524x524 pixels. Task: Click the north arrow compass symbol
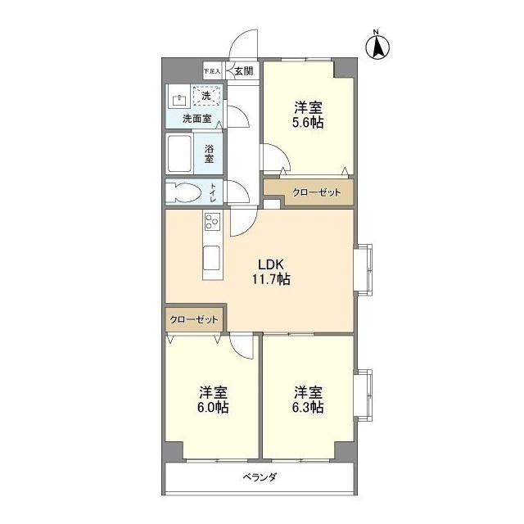tap(378, 47)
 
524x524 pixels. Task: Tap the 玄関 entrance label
tap(244, 71)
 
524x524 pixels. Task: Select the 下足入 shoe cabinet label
tap(212, 71)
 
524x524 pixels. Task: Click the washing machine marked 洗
tap(206, 96)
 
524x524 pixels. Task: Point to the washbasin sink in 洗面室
tap(179, 100)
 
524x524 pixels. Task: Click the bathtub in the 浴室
tap(179, 153)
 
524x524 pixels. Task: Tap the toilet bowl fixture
tap(183, 192)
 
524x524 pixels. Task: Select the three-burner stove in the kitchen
tap(213, 221)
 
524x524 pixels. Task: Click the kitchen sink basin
tap(211, 258)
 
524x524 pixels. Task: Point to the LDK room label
tap(271, 264)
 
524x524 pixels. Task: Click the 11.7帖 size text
tap(271, 278)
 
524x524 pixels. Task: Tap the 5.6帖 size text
tap(308, 123)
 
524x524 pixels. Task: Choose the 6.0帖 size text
tap(213, 408)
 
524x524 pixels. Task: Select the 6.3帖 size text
tap(308, 408)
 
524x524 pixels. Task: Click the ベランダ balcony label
tap(260, 477)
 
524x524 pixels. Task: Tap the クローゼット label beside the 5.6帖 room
tap(317, 192)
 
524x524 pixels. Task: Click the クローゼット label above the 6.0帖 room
tap(194, 319)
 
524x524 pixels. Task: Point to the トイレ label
tap(213, 193)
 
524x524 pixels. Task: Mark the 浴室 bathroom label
tap(210, 153)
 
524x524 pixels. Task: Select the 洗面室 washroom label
tap(196, 118)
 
